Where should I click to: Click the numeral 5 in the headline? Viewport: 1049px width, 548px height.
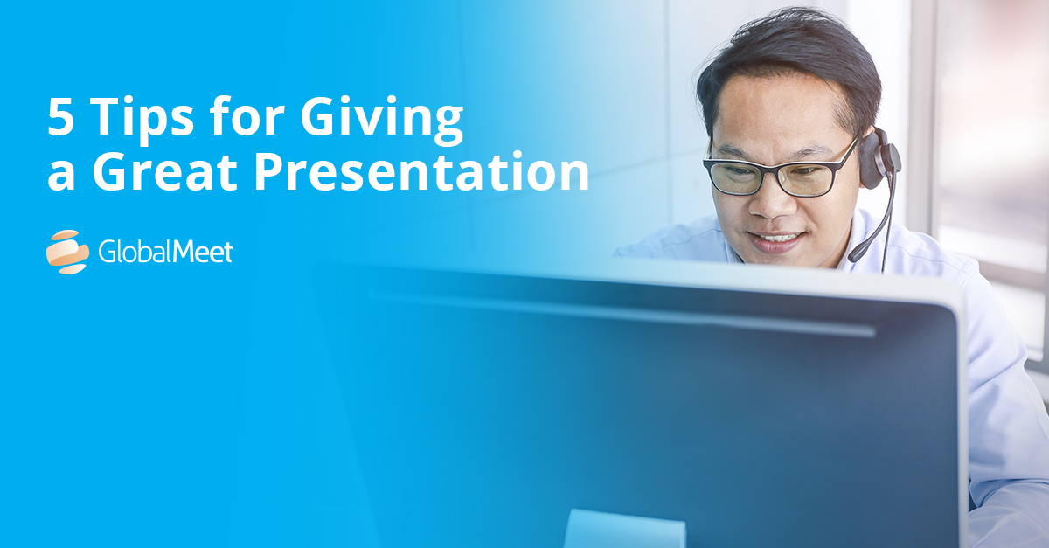[x=61, y=117]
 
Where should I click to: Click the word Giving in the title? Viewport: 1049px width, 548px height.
[x=381, y=120]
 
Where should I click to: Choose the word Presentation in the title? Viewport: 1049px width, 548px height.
[x=421, y=171]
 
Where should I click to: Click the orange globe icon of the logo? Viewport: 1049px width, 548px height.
[x=68, y=252]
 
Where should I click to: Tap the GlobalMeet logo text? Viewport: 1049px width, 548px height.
[x=165, y=252]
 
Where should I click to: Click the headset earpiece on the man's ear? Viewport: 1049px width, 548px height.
[x=879, y=159]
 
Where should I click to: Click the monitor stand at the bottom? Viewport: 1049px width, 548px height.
[x=625, y=530]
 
